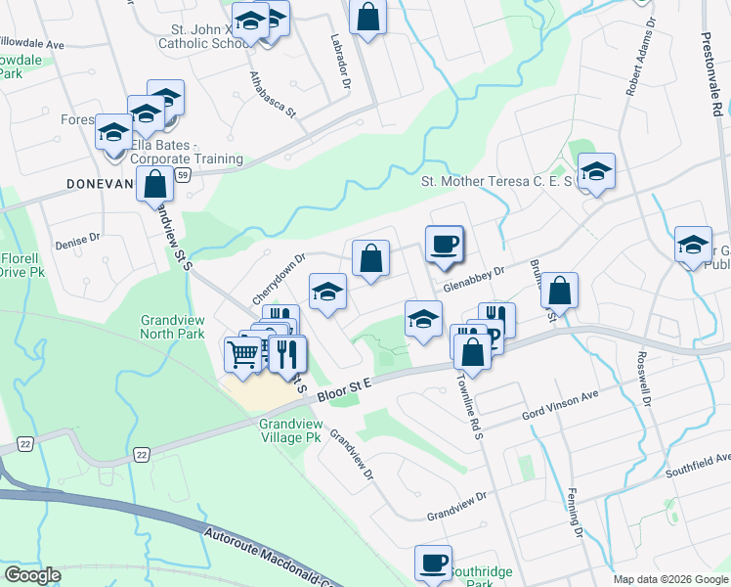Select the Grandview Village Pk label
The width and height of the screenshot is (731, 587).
pos(290,431)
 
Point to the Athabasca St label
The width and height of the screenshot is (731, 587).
pos(272,94)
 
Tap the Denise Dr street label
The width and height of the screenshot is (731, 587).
pos(78,241)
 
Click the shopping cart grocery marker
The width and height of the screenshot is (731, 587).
pos(242,352)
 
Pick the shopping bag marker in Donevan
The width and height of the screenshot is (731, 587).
pos(154,183)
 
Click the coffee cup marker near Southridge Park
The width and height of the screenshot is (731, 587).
pos(432,563)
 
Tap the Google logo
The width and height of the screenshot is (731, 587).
pos(32,575)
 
